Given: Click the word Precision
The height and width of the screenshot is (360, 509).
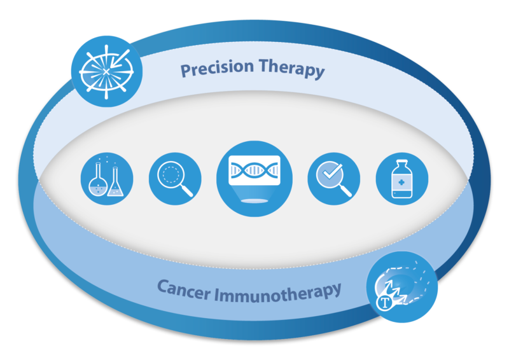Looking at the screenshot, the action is (x=217, y=68).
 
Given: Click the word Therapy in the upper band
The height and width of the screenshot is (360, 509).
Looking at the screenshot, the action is (x=292, y=69).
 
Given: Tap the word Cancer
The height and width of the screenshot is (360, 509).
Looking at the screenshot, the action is (x=183, y=289).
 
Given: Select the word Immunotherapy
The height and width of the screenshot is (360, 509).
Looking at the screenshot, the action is (x=278, y=293).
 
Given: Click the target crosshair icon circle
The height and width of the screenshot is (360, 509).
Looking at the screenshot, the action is (x=107, y=71).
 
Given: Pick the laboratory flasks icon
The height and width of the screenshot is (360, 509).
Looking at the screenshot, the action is (x=107, y=179).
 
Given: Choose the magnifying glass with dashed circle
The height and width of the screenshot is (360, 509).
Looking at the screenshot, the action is (x=175, y=179).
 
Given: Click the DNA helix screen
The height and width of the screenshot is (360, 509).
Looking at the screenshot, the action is (x=254, y=170).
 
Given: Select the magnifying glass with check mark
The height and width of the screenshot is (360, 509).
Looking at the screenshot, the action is (x=333, y=179).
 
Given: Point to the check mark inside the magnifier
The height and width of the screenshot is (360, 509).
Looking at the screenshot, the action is (x=332, y=171).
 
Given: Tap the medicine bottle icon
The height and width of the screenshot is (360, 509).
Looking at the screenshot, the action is (x=402, y=179).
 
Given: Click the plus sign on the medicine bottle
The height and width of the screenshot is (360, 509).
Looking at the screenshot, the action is (x=401, y=183).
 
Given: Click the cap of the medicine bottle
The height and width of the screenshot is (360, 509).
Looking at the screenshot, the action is (x=402, y=162).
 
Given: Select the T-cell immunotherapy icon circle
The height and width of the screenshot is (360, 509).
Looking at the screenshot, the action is (x=402, y=287).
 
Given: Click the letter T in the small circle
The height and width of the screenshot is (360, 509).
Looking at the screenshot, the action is (x=385, y=303).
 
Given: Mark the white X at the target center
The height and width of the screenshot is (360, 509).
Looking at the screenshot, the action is (x=106, y=72).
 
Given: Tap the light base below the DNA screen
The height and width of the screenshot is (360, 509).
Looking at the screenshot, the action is (x=254, y=201).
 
